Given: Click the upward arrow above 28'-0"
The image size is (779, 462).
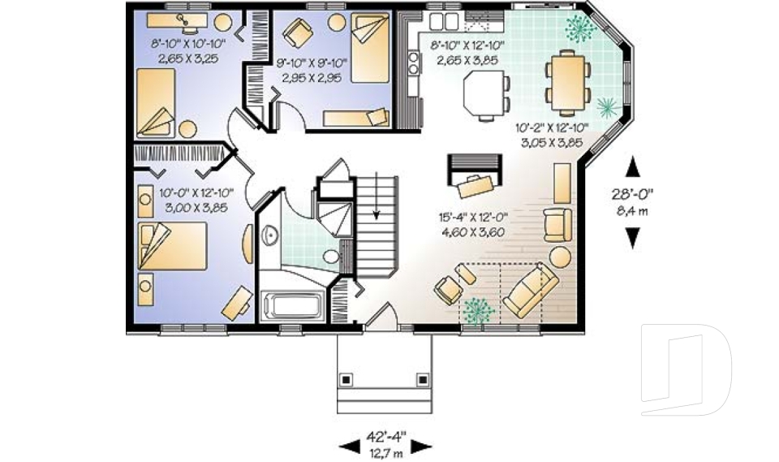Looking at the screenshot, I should coord(633,167).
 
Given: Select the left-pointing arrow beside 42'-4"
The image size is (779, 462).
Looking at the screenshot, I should coord(347,446).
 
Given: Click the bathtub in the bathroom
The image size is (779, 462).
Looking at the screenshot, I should coord(293,308).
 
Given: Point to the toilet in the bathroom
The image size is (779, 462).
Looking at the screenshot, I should coord(331,257).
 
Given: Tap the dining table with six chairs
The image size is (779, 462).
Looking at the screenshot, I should coord(568,80).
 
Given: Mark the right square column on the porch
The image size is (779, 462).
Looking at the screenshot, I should coord(421,378).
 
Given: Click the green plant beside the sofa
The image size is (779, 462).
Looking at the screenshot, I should coord(476,309).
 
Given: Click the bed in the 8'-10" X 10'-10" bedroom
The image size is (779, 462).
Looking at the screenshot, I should coord(157,102).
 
